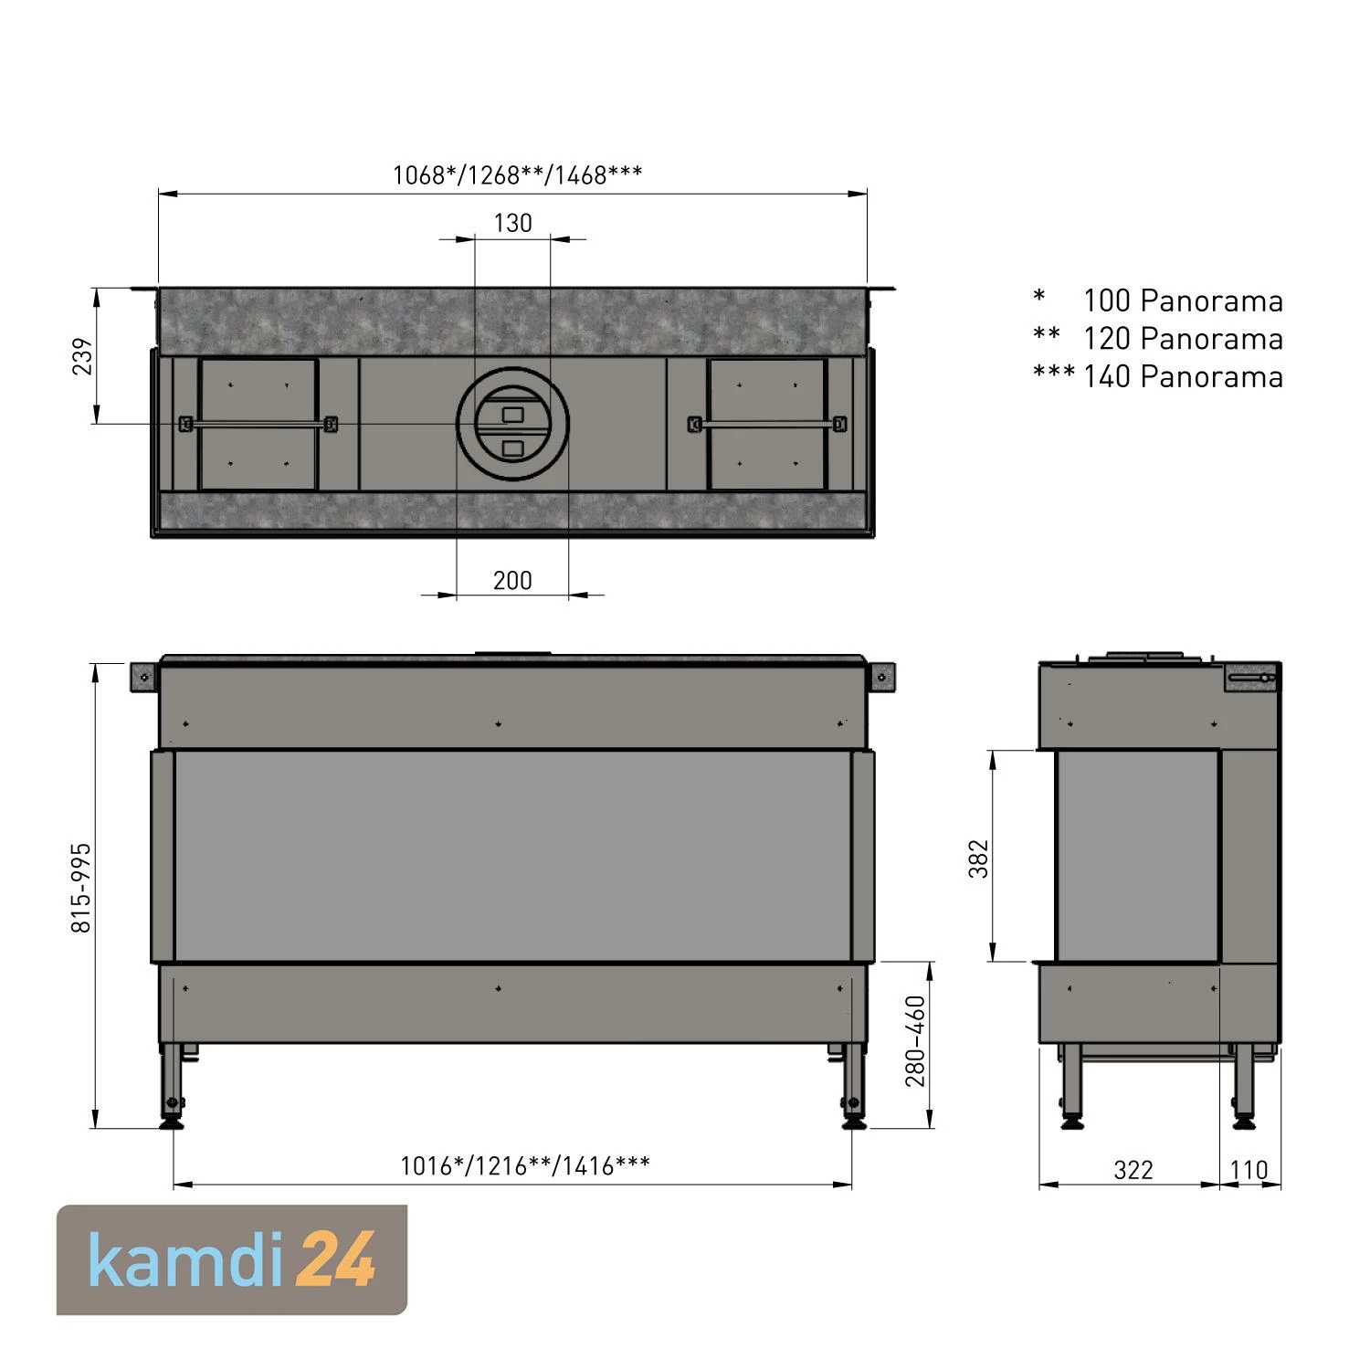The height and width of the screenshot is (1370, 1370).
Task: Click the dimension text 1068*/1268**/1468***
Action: click(517, 174)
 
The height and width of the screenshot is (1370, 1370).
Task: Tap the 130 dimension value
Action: click(512, 223)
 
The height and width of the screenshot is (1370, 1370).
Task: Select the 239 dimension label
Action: click(83, 356)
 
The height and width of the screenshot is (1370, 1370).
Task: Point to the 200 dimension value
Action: click(512, 581)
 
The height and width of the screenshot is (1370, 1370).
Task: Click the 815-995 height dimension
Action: click(81, 888)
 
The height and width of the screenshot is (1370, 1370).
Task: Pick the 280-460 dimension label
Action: click(915, 1041)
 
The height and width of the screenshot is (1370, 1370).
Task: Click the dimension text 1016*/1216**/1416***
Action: click(525, 1165)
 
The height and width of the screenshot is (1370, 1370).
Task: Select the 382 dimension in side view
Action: click(978, 859)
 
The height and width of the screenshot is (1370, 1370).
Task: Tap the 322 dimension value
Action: click(1133, 1170)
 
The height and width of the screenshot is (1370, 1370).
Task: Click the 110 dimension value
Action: click(1249, 1170)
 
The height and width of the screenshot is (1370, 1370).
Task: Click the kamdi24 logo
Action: click(232, 1259)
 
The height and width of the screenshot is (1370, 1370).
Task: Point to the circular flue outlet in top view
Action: click(513, 426)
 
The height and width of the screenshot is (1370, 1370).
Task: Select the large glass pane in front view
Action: click(512, 856)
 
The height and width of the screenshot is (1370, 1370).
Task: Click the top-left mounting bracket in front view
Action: click(144, 677)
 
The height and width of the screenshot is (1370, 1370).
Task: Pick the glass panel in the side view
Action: click(1137, 856)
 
